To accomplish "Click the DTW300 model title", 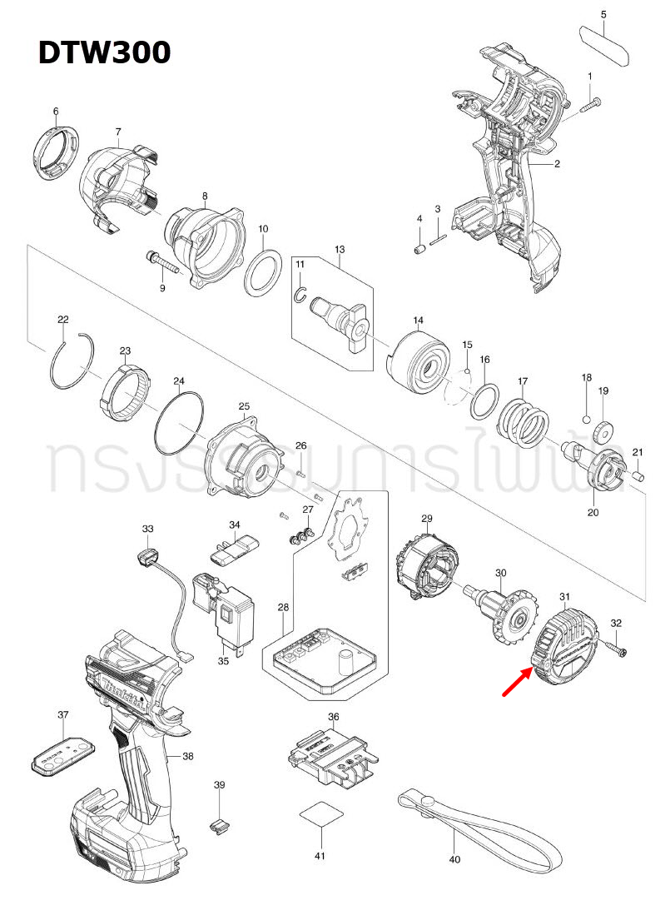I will [104, 52].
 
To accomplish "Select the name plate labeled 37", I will [63, 753].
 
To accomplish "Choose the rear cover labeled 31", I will [566, 645].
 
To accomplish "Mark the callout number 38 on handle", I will [188, 756].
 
